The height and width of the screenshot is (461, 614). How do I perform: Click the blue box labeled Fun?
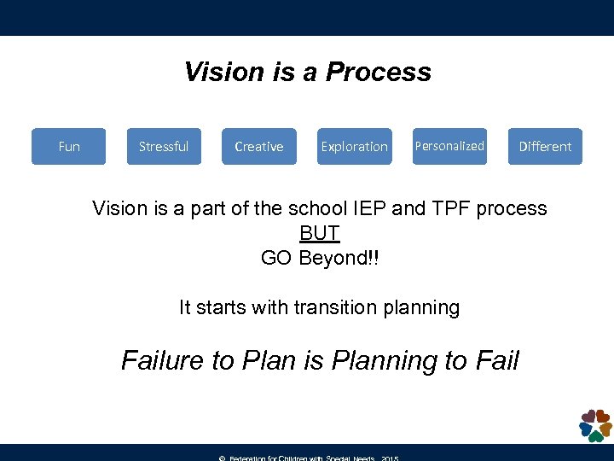(69, 146)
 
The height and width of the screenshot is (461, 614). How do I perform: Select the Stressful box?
(164, 146)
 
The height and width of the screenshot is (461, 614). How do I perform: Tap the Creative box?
(259, 146)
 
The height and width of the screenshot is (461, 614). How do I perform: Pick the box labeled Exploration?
(354, 146)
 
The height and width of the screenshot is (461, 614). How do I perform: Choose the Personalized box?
(449, 146)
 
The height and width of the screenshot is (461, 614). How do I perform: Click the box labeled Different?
(545, 146)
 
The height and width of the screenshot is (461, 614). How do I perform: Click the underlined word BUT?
(320, 233)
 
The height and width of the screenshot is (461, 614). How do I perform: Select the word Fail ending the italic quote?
(498, 360)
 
